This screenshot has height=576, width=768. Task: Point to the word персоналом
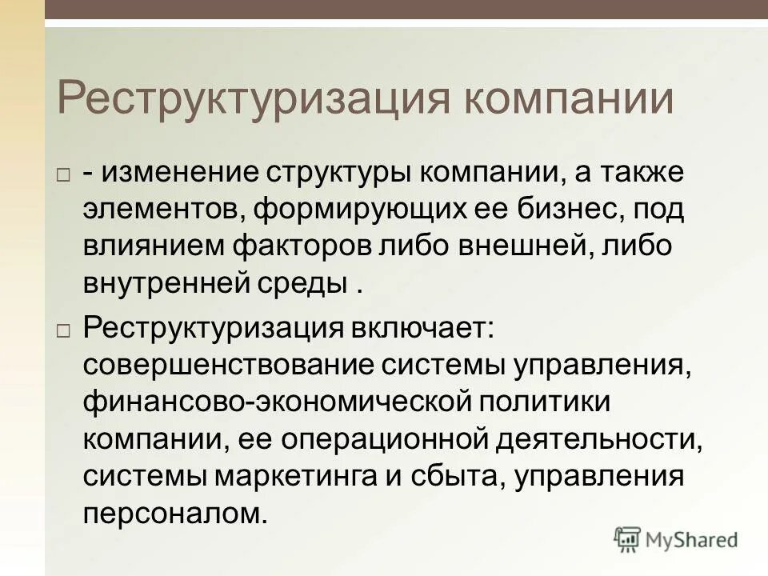click(x=174, y=513)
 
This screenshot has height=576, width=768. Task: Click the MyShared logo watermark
click(x=675, y=538)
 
